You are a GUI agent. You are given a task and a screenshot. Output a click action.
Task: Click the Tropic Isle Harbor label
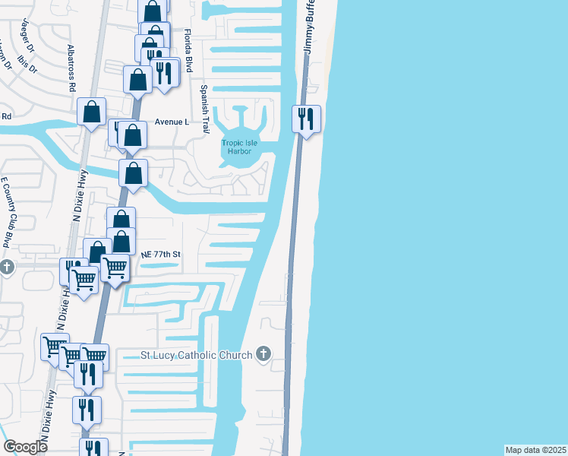tap(236, 146)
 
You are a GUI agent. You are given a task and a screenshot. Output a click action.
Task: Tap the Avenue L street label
tap(171, 122)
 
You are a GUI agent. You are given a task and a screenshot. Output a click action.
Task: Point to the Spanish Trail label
tap(204, 109)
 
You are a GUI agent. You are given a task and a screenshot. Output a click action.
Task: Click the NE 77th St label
tap(161, 255)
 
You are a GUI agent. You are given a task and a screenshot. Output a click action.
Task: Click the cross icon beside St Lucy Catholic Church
tap(263, 353)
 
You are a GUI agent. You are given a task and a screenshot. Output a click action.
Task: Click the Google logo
tap(25, 447)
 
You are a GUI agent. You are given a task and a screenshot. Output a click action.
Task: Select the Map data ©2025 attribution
tap(535, 450)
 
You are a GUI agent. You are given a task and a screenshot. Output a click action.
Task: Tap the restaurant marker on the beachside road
tap(307, 119)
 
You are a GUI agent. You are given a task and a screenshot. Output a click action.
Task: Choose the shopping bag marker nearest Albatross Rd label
tap(92, 112)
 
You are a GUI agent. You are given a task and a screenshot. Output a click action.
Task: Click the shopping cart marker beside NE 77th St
tap(115, 268)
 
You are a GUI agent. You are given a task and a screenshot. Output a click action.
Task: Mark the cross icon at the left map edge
tap(6, 268)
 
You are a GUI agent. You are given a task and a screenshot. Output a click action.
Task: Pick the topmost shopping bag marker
tap(153, 11)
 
